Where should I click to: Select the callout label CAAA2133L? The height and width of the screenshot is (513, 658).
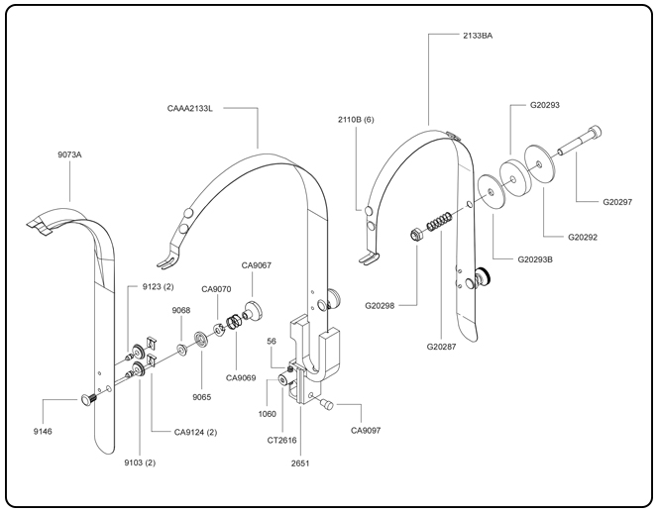click(190, 107)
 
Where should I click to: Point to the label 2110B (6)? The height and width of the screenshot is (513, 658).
click(356, 119)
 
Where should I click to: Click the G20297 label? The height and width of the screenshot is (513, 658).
click(623, 201)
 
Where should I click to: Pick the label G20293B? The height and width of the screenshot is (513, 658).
click(536, 260)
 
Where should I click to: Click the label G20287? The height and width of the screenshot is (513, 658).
click(446, 347)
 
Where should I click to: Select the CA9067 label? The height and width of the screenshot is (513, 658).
click(258, 265)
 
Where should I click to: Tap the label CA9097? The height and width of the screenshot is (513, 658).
click(368, 430)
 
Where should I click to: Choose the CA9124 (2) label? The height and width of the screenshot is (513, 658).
click(196, 432)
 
